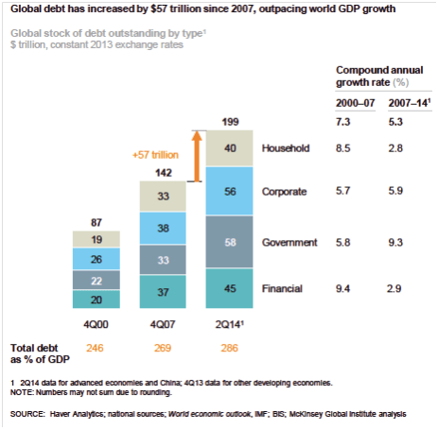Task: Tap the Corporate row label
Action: [285, 192]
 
